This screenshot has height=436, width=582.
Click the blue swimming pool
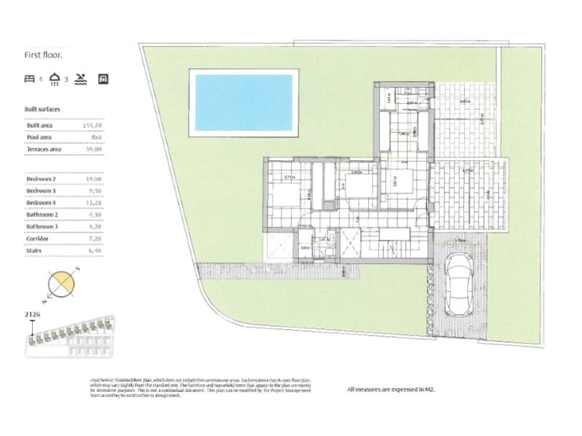point(244,102)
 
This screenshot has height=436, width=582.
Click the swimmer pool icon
point(81,78)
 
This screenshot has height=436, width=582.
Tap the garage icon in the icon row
point(103,78)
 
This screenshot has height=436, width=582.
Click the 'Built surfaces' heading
point(42,110)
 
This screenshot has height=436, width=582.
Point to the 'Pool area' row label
point(40,137)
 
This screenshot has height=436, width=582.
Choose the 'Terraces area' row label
point(44,149)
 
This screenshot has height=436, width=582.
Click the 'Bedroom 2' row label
point(42,178)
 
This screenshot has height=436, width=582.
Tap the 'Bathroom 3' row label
point(43,226)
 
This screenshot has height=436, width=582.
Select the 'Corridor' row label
point(37,238)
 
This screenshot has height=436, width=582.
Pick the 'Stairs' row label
point(34,250)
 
